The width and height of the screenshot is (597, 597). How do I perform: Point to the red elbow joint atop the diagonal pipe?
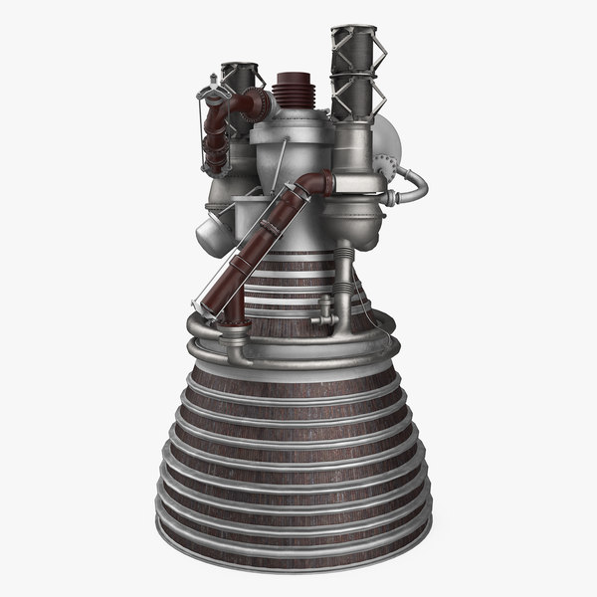coord(316,184)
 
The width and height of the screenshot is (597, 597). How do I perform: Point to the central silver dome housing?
coord(289,149)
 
